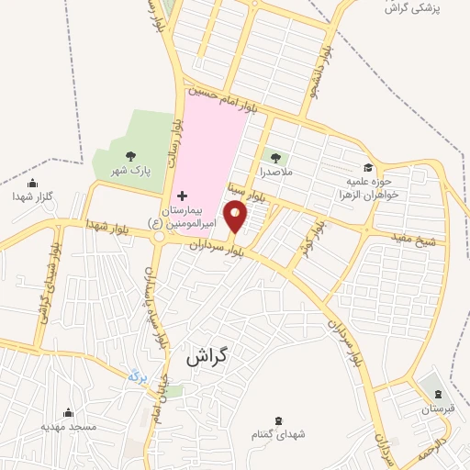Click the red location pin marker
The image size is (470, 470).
pos(236,217)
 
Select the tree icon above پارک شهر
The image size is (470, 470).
pos(129,156)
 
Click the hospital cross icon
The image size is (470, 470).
pos(181,196)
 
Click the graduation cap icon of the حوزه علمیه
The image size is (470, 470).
pos(368,167)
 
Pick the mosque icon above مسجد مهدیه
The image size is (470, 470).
pos(67,412)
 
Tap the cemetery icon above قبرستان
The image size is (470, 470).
pos(437,395)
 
